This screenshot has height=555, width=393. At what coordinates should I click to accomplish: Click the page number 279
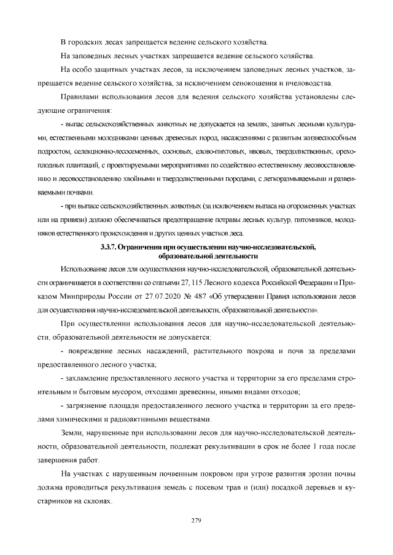[x=196, y=521]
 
